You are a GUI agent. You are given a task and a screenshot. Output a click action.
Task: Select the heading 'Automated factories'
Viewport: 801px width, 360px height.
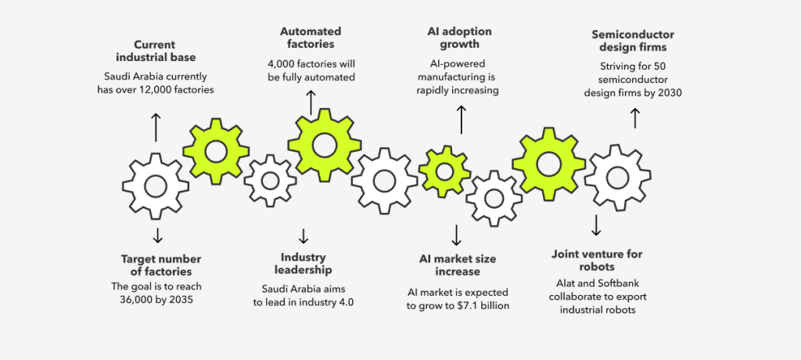pos(311,38)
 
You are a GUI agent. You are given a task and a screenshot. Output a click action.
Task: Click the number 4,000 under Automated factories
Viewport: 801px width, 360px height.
pos(282,63)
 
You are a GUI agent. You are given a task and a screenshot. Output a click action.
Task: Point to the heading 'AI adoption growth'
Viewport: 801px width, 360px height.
pos(459,38)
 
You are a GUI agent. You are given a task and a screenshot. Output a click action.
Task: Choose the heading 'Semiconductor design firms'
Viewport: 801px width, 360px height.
pos(633,41)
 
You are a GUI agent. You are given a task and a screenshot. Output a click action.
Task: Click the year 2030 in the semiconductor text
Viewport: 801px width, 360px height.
pos(668,92)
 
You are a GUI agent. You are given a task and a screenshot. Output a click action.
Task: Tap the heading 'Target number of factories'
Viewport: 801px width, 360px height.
pos(160,265)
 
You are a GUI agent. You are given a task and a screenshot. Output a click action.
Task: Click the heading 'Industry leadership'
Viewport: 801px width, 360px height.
pos(304,263)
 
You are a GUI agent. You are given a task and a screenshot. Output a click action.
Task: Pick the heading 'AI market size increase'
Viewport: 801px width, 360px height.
pos(458,265)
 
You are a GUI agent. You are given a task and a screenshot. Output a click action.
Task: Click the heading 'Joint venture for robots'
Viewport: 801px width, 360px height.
pos(598,261)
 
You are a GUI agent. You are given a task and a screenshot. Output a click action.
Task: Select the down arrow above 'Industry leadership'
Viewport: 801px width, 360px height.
pos(304,236)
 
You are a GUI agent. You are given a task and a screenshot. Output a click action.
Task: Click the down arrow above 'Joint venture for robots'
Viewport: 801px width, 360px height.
pos(596,225)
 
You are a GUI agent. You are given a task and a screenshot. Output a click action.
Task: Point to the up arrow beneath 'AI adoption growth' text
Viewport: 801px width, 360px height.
pos(461,118)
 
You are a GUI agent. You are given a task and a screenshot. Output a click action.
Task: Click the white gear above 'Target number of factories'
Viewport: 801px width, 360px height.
pos(156,186)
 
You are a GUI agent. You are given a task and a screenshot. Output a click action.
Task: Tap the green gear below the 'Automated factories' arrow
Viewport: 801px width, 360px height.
pos(325,145)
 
